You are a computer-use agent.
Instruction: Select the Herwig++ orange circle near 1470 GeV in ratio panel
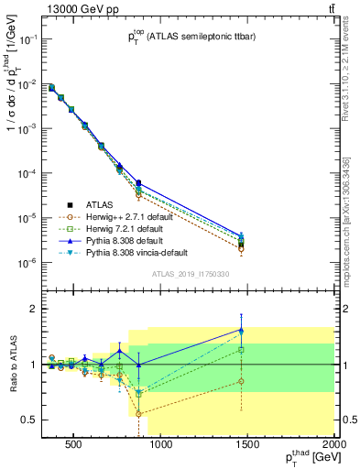pos(241,381)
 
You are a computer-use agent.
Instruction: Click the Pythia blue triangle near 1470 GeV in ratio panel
pos(241,330)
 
